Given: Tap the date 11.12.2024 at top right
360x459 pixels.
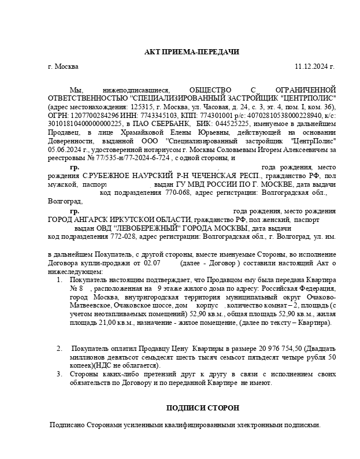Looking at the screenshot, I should pyautogui.click(x=314, y=66).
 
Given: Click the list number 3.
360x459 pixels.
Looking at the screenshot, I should pyautogui.click(x=59, y=374).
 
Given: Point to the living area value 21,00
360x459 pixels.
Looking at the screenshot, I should pyautogui.click(x=92, y=322).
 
